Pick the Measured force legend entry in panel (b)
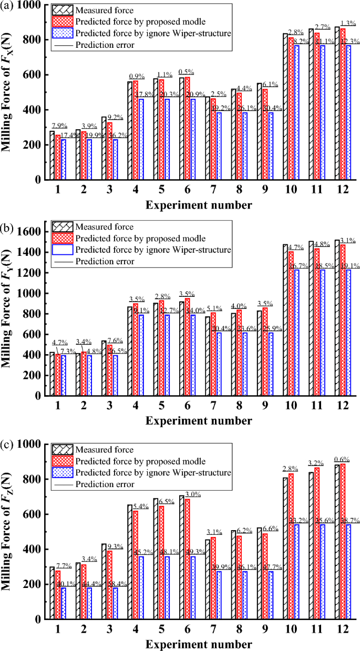click(x=103, y=227)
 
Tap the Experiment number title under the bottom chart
click(x=199, y=644)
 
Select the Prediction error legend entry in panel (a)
click(x=105, y=45)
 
